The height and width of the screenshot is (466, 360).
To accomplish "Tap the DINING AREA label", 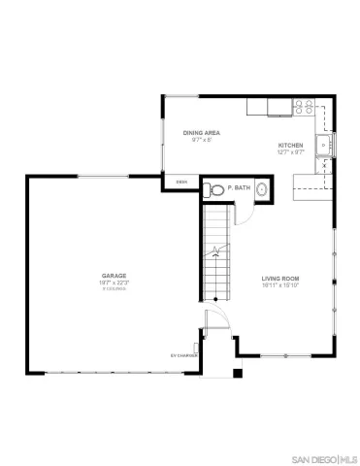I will (x=201, y=131).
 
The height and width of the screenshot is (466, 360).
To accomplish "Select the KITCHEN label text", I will (x=291, y=144).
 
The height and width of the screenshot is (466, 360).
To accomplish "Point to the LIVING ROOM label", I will (x=279, y=281).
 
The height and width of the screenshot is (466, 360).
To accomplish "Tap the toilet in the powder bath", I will (x=212, y=188).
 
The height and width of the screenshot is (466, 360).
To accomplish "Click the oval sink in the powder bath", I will (x=259, y=190).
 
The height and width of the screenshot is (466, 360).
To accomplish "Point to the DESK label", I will (x=181, y=182).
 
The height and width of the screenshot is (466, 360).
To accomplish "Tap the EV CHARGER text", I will (x=183, y=355).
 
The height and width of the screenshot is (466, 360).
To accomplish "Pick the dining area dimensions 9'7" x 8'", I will (x=201, y=139).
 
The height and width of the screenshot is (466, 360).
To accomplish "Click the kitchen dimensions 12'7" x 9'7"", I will (x=291, y=151).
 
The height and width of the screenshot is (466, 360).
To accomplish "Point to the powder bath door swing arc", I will (x=245, y=216).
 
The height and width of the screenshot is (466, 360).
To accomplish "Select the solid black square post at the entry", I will (x=238, y=374).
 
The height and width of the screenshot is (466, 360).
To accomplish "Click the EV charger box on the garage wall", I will (x=198, y=346).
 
